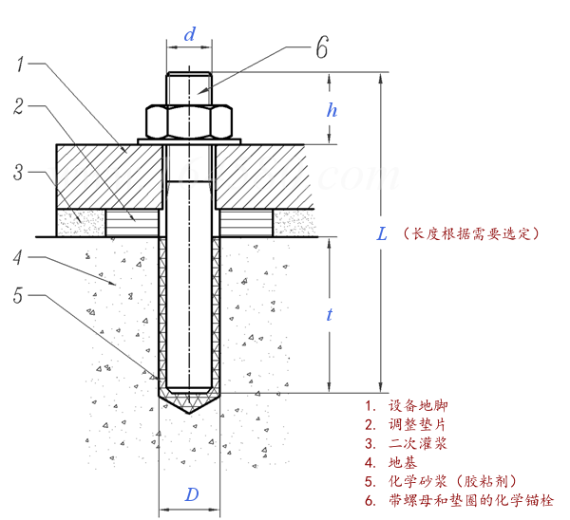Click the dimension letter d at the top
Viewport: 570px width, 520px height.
click(x=190, y=35)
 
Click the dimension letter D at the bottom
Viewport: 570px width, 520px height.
click(x=191, y=494)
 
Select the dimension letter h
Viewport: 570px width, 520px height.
click(x=332, y=109)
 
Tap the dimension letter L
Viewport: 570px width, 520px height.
click(x=381, y=233)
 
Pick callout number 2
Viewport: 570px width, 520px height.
click(x=19, y=106)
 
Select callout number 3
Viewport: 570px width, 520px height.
click(x=18, y=172)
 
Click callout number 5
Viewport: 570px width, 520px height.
click(x=19, y=295)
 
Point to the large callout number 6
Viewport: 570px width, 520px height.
click(x=322, y=46)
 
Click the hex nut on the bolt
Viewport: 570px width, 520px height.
click(x=189, y=121)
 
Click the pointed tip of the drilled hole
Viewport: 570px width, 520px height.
click(x=190, y=414)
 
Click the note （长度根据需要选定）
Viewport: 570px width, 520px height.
click(x=471, y=232)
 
